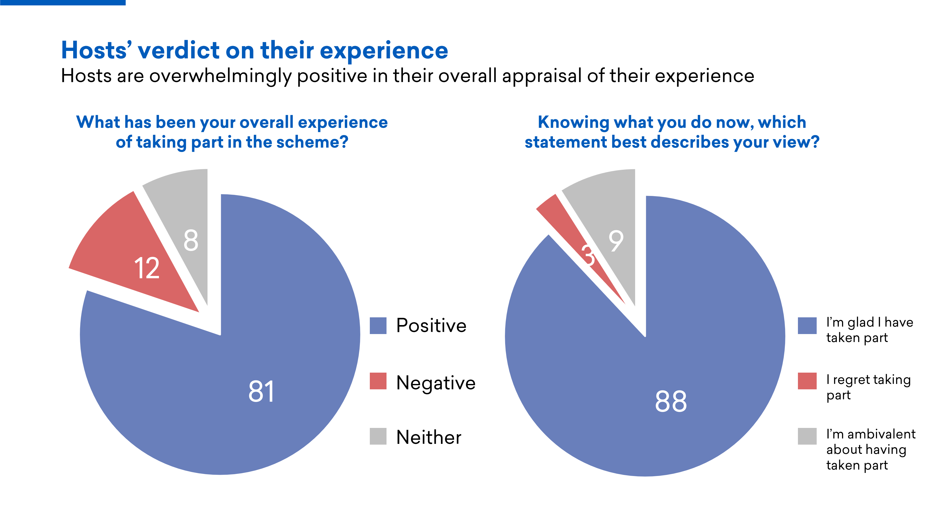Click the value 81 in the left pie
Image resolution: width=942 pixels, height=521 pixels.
[x=261, y=391]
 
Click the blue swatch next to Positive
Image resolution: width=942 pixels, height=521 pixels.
[x=378, y=326]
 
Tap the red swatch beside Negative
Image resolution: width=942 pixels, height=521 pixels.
[x=378, y=381]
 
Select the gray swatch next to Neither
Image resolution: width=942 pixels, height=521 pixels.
[x=378, y=436]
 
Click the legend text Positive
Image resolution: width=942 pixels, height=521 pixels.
[x=431, y=326]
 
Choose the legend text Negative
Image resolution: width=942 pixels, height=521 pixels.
[x=436, y=383]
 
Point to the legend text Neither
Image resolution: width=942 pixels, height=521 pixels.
[x=429, y=437]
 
